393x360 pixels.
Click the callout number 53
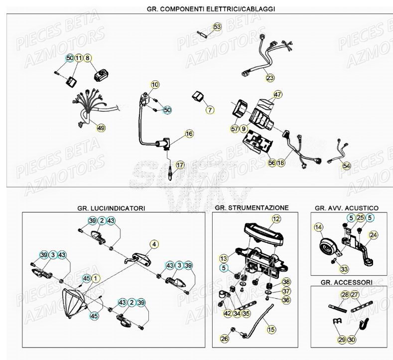tap(217, 27)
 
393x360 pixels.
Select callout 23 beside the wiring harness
tap(269, 78)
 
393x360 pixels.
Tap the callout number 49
tap(101, 128)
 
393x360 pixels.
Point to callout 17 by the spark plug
tap(180, 164)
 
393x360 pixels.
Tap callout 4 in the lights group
tap(154, 244)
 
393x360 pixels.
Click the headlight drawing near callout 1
tap(74, 301)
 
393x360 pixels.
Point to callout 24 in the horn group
tap(374, 235)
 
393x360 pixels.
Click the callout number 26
tap(225, 339)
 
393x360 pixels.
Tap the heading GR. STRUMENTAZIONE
tap(252, 207)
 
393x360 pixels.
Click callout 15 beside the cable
tap(271, 329)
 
